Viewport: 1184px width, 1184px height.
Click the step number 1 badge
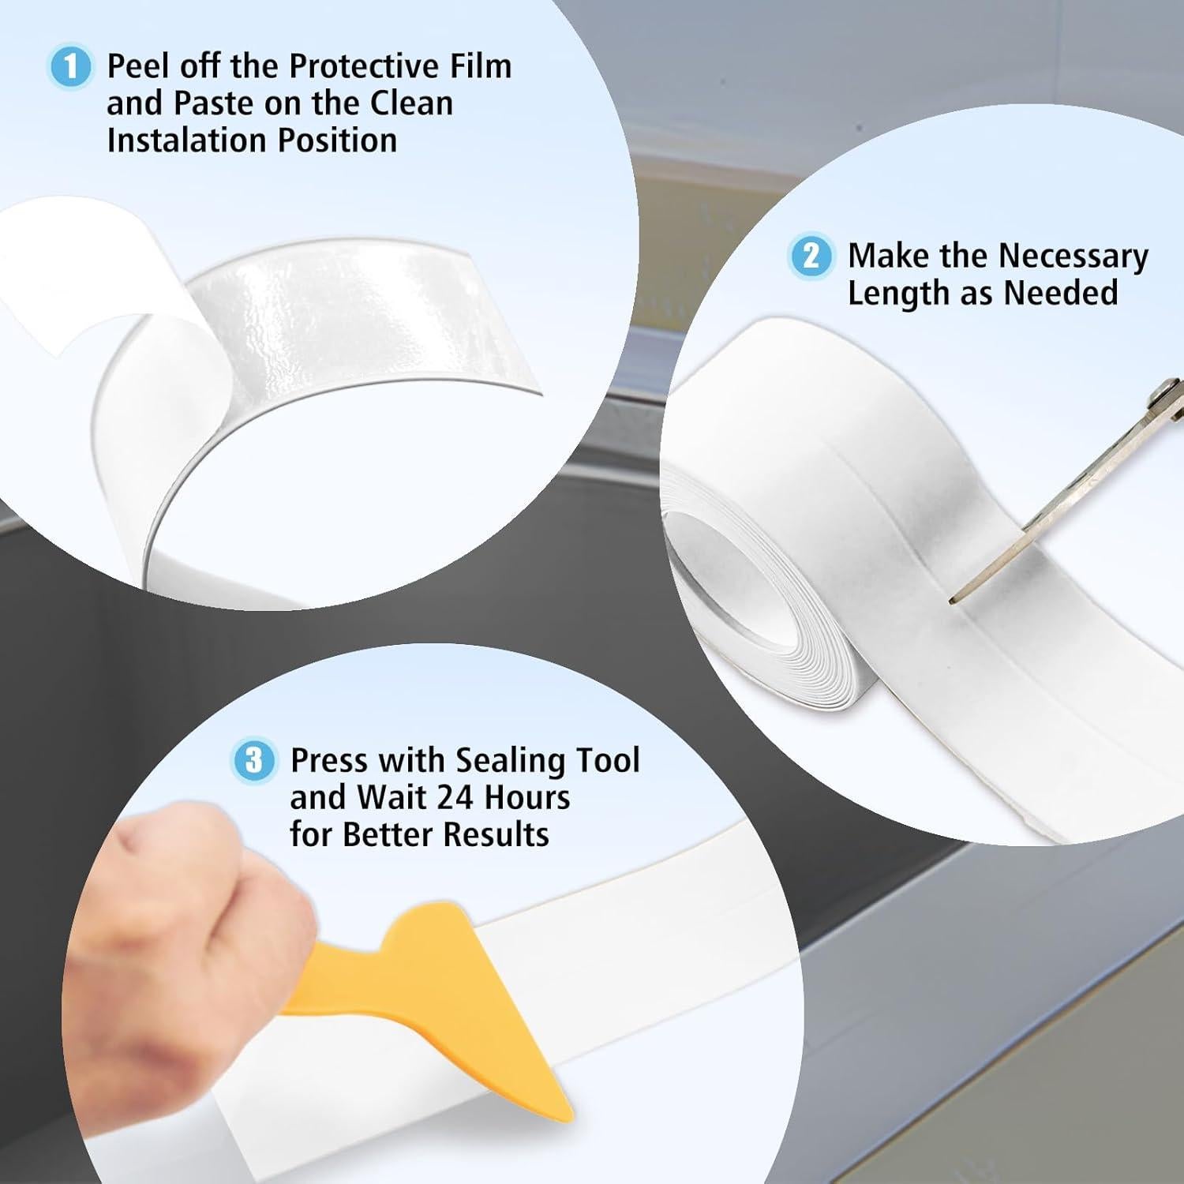point(70,67)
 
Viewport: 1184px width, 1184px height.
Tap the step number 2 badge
point(811,256)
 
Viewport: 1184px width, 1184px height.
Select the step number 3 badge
point(253,760)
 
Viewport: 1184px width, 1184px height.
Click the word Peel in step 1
point(137,66)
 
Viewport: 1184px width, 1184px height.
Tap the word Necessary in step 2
point(1073,257)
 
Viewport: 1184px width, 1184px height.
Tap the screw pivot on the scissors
point(1162,389)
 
